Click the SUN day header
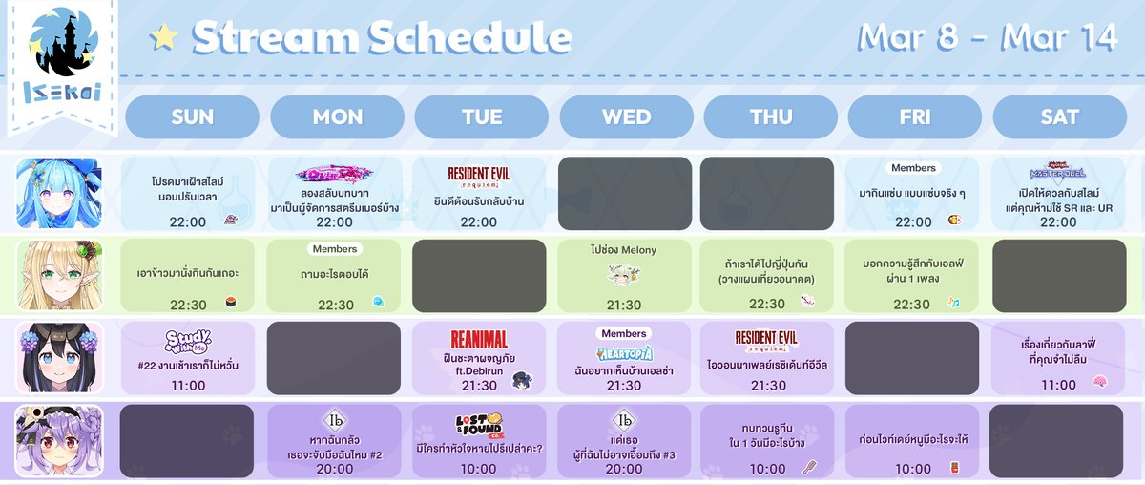click(192, 116)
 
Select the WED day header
click(626, 116)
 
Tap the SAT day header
click(1059, 116)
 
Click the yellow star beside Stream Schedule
click(164, 37)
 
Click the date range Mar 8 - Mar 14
click(988, 37)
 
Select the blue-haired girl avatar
click(58, 193)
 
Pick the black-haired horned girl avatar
click(58, 357)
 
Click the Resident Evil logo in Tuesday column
click(478, 176)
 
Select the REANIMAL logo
click(478, 339)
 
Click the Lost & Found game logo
click(478, 423)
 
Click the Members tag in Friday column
click(913, 168)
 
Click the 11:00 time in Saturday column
click(1058, 386)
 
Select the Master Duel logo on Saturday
click(1058, 173)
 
